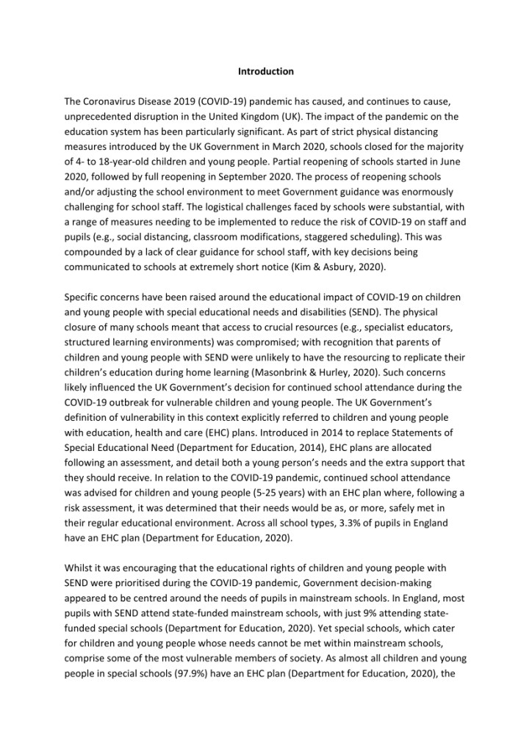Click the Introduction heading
(x=266, y=71)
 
